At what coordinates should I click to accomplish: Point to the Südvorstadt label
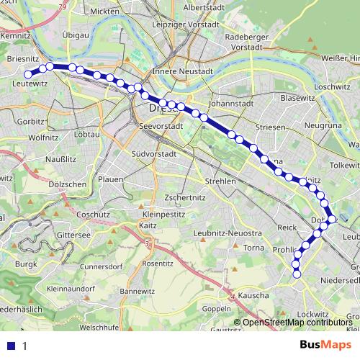[x=154, y=153]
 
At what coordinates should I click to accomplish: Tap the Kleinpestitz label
[x=165, y=214]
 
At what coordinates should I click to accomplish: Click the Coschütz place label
[x=92, y=214]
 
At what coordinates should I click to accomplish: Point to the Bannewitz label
[x=137, y=291]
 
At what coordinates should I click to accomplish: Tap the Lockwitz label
[x=312, y=314]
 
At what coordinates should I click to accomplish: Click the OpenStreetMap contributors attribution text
[x=297, y=322]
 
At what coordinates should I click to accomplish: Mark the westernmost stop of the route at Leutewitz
[x=29, y=73]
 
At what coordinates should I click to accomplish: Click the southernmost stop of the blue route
[x=296, y=272]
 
